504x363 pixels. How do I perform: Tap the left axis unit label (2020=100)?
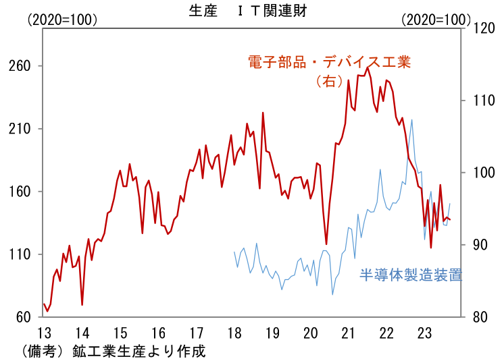coord(62,20)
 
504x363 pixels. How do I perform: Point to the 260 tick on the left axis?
coord(20,66)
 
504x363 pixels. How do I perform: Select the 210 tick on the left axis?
coord(20,129)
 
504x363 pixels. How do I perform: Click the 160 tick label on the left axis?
coord(20,192)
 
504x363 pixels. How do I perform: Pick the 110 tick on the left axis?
coord(20,254)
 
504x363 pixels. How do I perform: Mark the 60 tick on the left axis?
coord(24,317)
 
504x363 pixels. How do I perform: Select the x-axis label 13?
coord(44,333)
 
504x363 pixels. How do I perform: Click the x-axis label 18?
coord(234,333)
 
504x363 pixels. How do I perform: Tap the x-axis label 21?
coord(349,333)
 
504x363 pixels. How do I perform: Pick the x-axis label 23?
coord(425,333)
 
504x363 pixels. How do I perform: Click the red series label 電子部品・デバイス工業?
coord(329,63)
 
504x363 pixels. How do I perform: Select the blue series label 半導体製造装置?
coord(410,275)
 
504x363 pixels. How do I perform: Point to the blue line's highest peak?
coord(411,119)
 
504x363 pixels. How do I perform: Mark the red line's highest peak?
coord(368,67)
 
